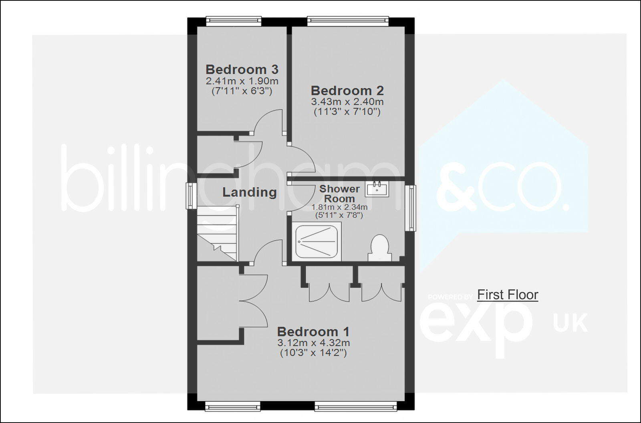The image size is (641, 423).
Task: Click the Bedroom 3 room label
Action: (x=242, y=69)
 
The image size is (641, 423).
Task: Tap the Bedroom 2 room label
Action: (x=347, y=90)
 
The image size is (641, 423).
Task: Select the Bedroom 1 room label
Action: (x=313, y=332)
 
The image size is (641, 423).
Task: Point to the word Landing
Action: (x=249, y=192)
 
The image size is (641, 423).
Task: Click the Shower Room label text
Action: (x=339, y=194)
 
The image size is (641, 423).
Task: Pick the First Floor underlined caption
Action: (x=508, y=295)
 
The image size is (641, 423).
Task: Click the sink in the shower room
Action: (x=377, y=188)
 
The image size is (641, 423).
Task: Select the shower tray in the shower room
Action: (x=318, y=243)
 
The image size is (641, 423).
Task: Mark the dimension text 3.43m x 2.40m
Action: (x=347, y=102)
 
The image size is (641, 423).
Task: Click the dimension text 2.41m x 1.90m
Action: (x=242, y=81)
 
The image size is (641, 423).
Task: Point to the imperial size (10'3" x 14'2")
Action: (x=313, y=353)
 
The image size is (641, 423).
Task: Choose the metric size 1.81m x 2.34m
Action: (x=339, y=207)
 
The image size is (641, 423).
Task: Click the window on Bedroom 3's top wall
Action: (x=234, y=21)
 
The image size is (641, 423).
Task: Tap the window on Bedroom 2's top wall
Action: (x=348, y=21)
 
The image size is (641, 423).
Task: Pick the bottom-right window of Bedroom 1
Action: (x=356, y=407)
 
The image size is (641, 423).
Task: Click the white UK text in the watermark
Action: (x=570, y=323)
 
